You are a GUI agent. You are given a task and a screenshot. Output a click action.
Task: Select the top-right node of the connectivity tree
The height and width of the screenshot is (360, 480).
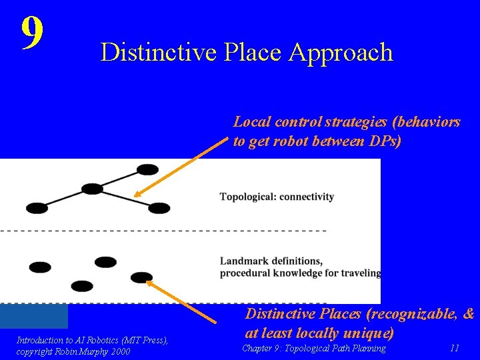coord(147,169)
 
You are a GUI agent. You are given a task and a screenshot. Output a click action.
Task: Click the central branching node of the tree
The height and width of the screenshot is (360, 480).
coord(92,188)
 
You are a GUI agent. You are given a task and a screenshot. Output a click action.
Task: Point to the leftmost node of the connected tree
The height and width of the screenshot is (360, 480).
coord(33,205)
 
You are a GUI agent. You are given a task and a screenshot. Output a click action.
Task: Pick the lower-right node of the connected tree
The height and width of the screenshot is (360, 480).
coord(159,208)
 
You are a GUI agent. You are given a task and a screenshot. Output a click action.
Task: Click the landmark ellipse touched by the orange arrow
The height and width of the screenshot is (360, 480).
coord(141,277)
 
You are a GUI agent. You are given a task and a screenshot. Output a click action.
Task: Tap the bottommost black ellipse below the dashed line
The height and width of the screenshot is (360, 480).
coord(82,286)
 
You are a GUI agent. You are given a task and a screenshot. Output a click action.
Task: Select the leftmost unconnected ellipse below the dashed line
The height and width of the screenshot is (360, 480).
coord(40,267)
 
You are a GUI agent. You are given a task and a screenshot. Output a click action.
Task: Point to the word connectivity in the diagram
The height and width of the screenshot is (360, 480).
coord(307,197)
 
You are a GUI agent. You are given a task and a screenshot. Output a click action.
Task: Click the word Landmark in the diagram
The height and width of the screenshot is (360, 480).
coord(245,261)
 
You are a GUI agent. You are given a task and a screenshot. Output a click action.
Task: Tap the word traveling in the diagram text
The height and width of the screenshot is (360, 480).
coord(361,272)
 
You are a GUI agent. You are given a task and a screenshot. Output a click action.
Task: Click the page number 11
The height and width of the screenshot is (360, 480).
coord(455,348)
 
